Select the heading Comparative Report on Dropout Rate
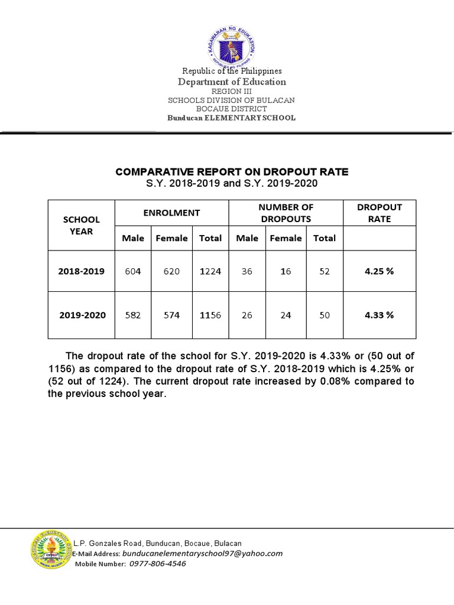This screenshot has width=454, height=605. (x=232, y=172)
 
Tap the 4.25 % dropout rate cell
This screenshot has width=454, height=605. (x=379, y=271)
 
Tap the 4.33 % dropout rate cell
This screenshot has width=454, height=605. (x=379, y=315)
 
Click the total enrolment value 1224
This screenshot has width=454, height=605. (x=210, y=271)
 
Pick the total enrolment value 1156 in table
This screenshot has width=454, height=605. (x=210, y=315)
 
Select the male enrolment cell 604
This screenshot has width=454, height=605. (x=132, y=271)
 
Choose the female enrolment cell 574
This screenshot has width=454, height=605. (x=171, y=315)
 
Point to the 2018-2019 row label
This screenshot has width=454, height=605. (x=81, y=271)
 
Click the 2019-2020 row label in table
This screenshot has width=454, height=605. (x=82, y=315)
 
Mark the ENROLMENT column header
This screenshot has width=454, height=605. (x=171, y=213)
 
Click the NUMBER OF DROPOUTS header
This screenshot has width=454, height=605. (x=286, y=213)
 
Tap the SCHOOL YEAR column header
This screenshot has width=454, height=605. (x=81, y=225)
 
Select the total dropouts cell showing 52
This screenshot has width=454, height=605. (x=324, y=271)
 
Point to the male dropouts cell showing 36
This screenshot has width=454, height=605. (x=247, y=271)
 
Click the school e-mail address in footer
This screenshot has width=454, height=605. (x=202, y=554)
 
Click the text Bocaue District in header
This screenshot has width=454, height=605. (x=231, y=109)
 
